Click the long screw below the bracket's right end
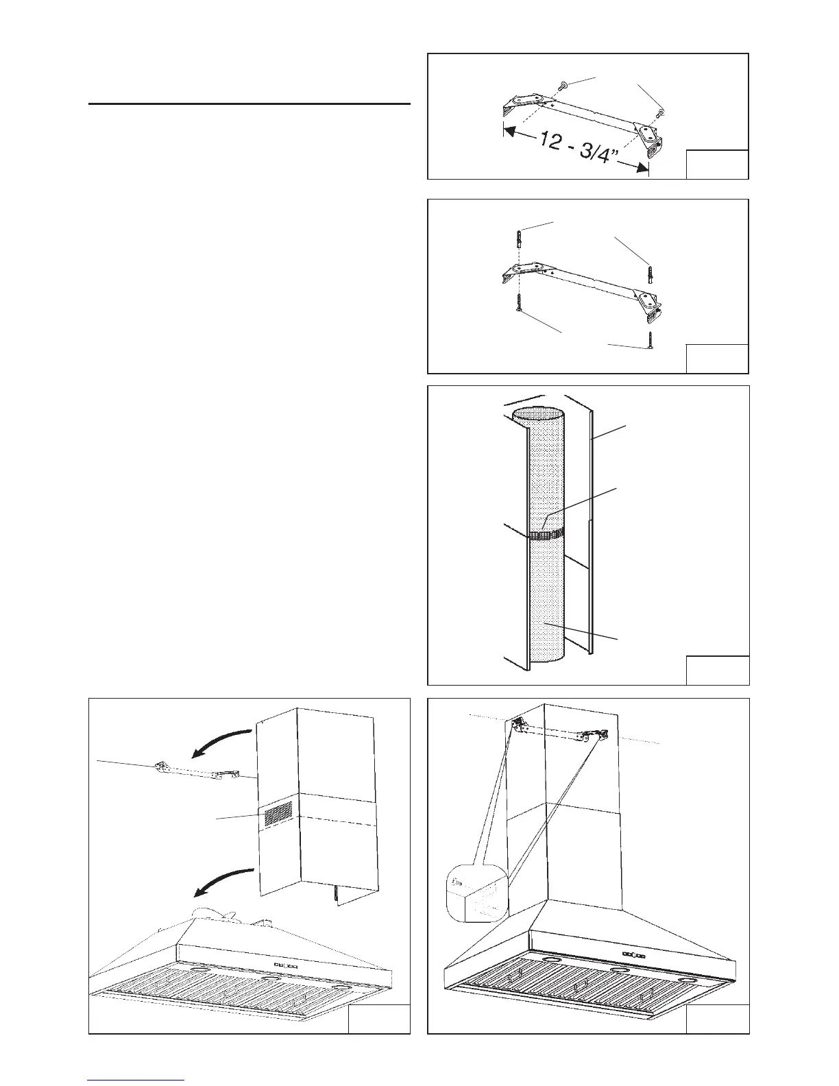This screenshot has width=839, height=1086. [x=648, y=341]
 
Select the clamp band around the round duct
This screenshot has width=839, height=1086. [x=546, y=533]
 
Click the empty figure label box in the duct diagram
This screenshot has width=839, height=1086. [x=717, y=670]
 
